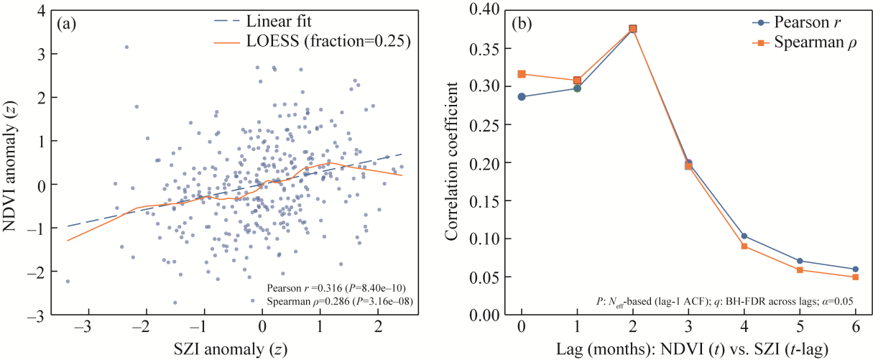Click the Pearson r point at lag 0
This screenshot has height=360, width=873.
click(522, 96)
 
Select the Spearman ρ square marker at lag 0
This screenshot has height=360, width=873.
click(522, 74)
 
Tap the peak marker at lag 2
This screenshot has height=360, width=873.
click(632, 29)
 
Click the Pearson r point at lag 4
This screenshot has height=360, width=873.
click(744, 236)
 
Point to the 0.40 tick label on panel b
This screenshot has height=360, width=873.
click(488, 10)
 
